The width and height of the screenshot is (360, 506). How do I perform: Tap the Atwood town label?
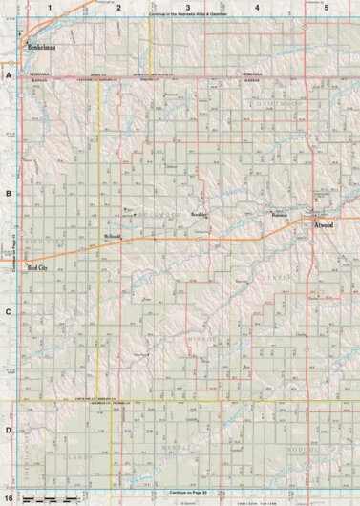pos(325,224)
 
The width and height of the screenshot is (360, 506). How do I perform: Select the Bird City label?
pos(38,270)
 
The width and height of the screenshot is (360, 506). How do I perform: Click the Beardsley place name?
pos(200,215)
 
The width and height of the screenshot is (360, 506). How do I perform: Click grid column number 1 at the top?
pos(51,8)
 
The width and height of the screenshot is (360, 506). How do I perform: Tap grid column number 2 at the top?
pos(118,8)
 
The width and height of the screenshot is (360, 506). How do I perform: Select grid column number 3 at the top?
pos(187,8)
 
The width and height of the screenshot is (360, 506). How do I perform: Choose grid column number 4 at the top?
pos(256,8)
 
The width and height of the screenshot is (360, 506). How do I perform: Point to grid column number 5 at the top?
pos(326,8)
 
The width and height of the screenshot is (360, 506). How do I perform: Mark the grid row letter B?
pos(8,193)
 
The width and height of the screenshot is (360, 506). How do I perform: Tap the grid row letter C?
pos(8,311)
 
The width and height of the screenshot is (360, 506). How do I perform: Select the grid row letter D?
pos(8,430)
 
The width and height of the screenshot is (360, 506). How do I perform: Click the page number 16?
pos(8,498)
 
